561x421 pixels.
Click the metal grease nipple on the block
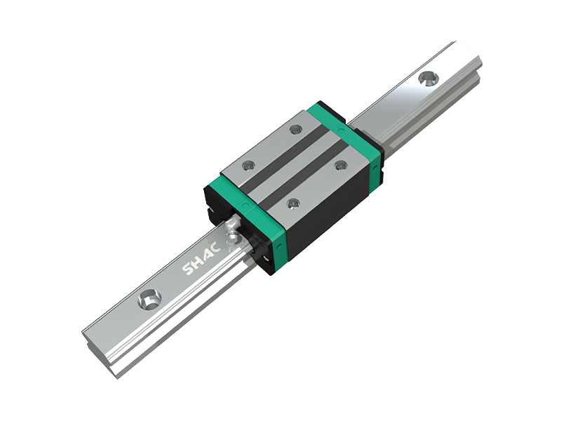tap(231, 230)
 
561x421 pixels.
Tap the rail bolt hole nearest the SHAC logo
tap(149, 298)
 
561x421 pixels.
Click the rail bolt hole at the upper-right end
tap(428, 78)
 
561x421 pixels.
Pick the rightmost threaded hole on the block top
tap(341, 166)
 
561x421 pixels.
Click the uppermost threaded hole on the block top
tap(295, 129)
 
